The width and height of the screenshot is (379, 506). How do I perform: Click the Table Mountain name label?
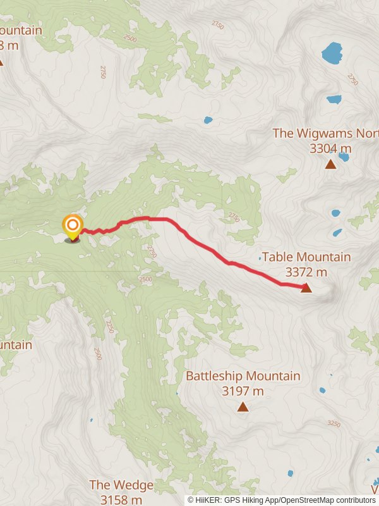tap(306, 257)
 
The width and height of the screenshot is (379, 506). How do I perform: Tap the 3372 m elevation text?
tap(306, 272)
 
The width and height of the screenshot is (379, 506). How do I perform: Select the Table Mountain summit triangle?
tap(306, 288)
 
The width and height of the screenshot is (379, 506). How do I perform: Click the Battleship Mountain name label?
tap(243, 376)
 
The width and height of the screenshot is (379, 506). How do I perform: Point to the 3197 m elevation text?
tap(243, 391)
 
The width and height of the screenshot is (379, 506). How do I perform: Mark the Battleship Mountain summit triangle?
tap(243, 407)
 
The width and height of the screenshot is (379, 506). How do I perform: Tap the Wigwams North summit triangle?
tap(330, 164)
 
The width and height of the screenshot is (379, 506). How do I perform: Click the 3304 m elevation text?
tap(330, 149)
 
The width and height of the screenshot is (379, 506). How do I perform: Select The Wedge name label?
tap(121, 485)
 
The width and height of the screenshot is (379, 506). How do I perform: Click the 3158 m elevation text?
tap(121, 500)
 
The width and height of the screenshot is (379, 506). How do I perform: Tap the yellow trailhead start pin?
tap(73, 226)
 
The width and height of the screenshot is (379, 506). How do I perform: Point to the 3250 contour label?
tap(334, 423)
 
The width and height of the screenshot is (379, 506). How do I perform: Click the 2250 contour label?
tap(109, 326)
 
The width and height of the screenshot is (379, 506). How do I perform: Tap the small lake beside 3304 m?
tap(344, 156)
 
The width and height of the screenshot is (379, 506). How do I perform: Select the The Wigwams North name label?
tap(325, 133)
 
